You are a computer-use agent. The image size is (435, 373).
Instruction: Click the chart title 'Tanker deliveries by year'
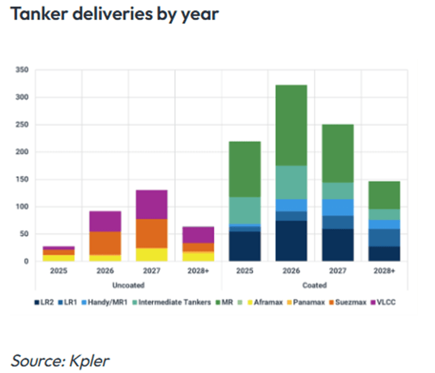point(114,14)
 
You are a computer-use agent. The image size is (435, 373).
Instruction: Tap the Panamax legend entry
point(316,300)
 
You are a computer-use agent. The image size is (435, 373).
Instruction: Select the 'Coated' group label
point(314,285)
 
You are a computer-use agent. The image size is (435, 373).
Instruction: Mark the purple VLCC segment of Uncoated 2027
point(152,204)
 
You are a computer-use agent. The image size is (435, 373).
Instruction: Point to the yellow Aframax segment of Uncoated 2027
point(152,255)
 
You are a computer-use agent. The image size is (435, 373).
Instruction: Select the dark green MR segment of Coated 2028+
point(385,195)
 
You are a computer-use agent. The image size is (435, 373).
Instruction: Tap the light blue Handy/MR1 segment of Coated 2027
point(338,207)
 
